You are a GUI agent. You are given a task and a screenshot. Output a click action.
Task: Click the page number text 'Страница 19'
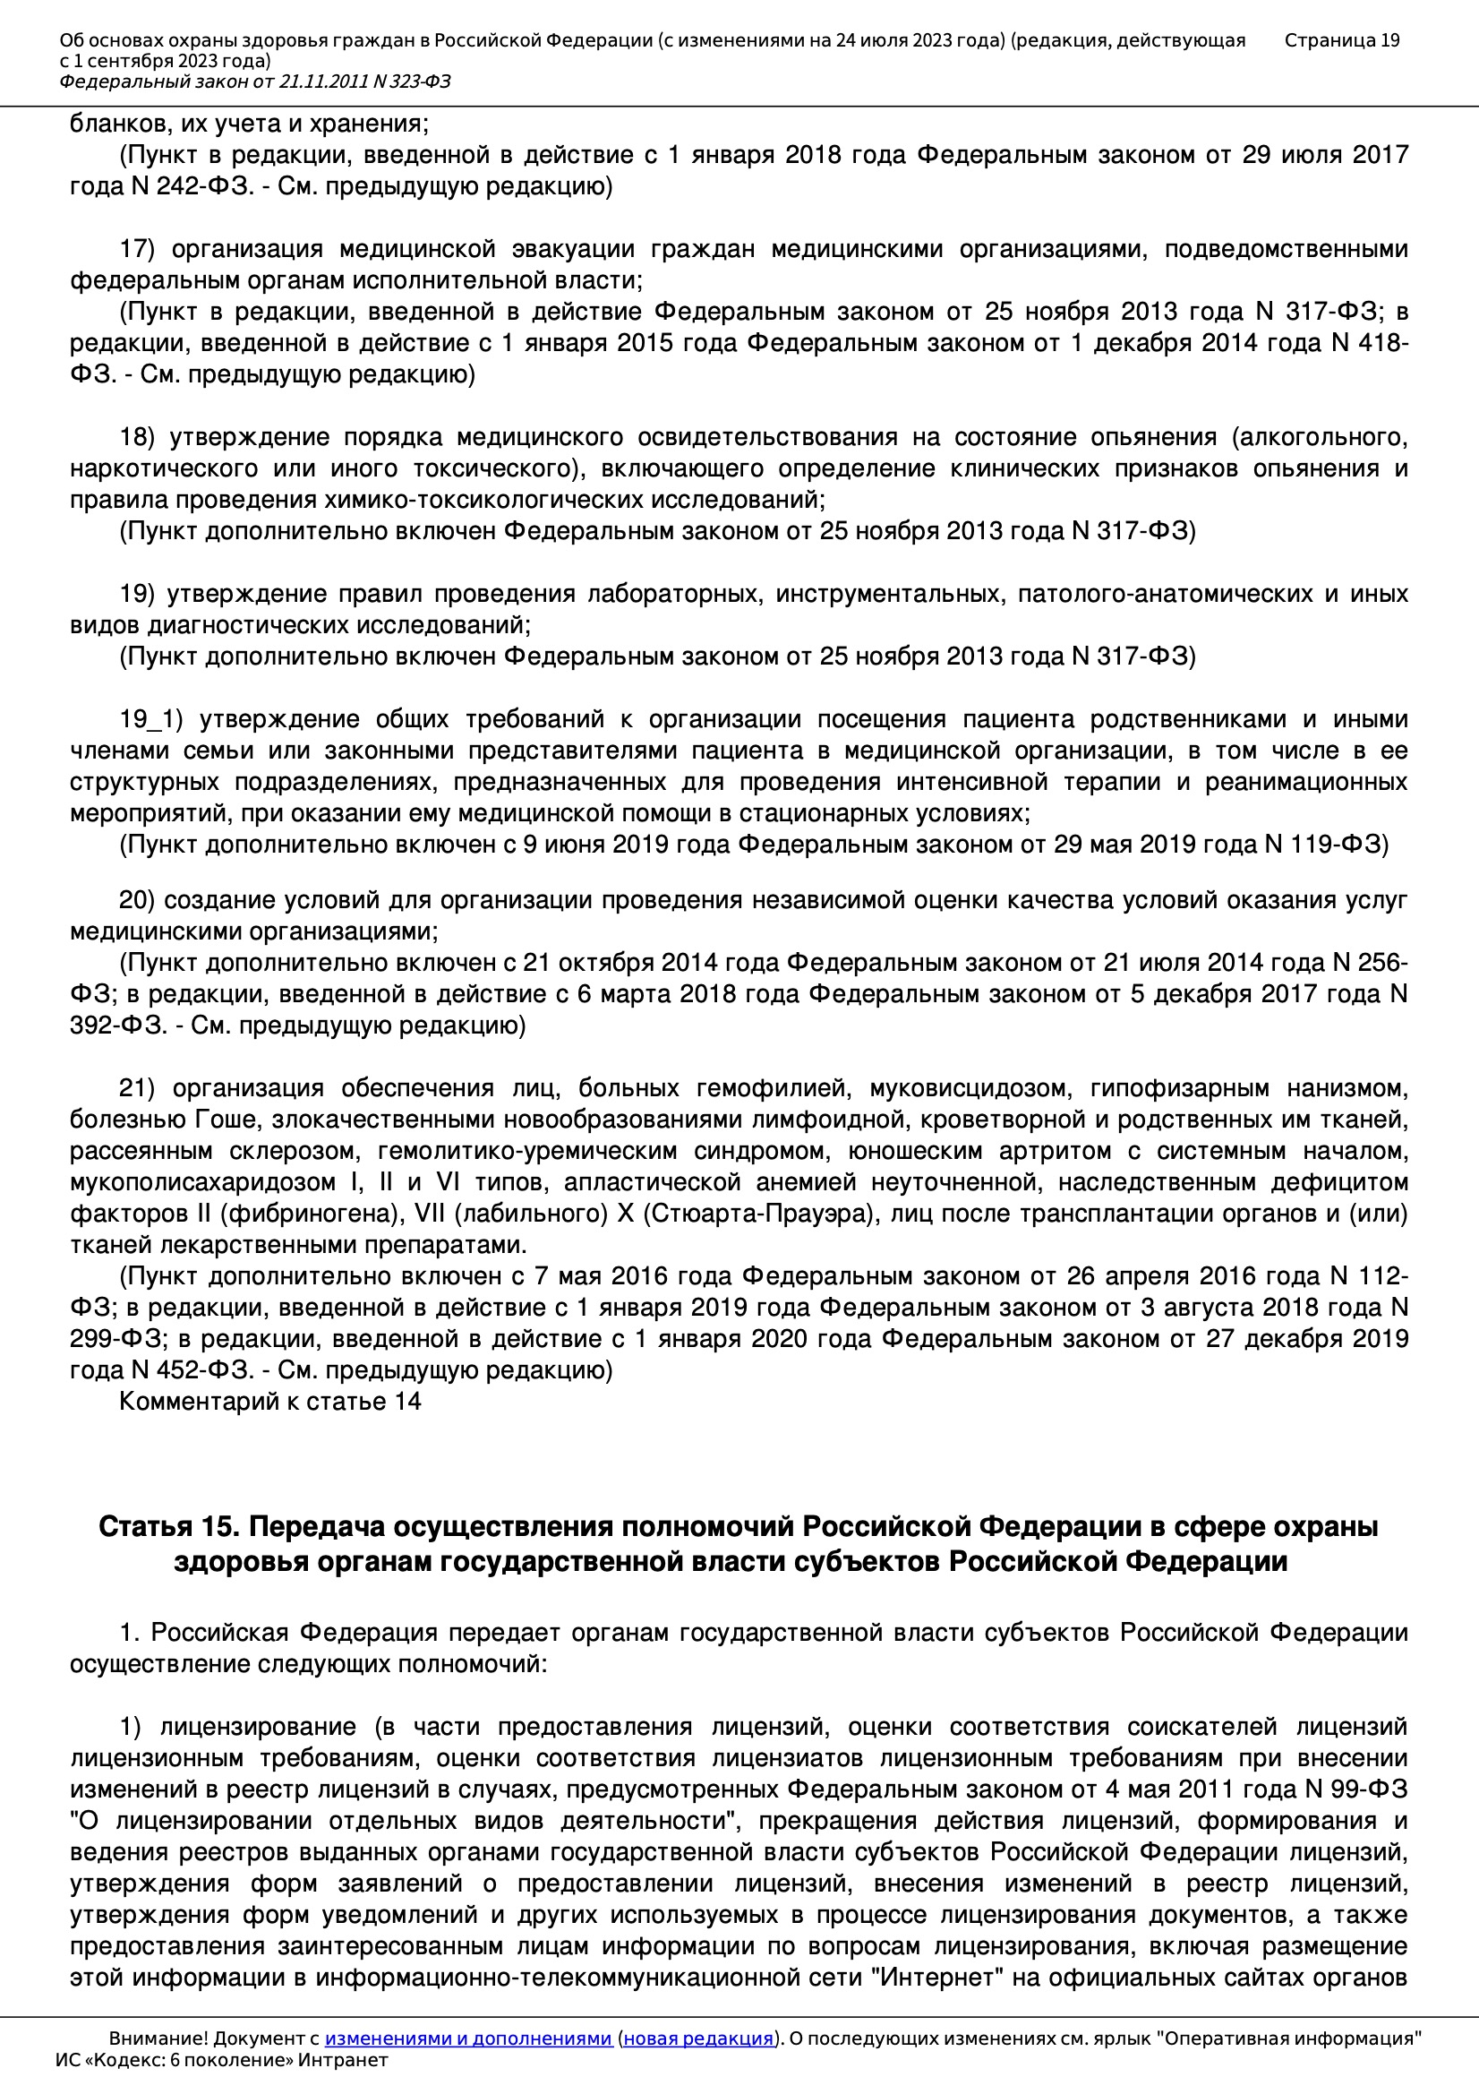pyautogui.click(x=1341, y=40)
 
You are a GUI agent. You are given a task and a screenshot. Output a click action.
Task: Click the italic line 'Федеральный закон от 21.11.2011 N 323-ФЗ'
pyautogui.click(x=254, y=82)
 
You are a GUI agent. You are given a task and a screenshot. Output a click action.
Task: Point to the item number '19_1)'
pyautogui.click(x=151, y=719)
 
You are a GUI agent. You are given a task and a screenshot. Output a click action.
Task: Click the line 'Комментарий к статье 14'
pyautogui.click(x=269, y=1402)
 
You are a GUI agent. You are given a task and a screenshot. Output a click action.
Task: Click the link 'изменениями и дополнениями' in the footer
pyautogui.click(x=467, y=2038)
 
